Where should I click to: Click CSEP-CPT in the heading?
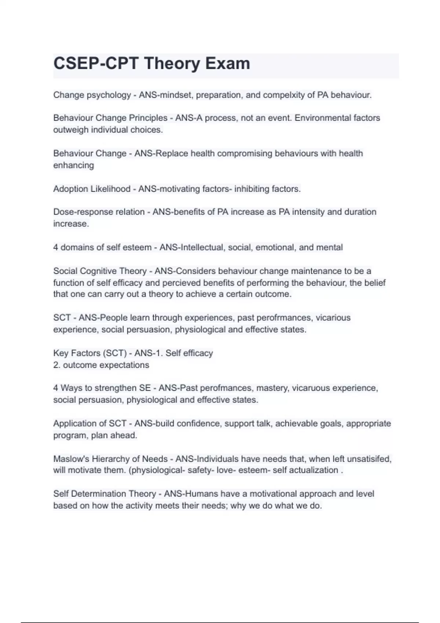96,63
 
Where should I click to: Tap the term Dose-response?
83,212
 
